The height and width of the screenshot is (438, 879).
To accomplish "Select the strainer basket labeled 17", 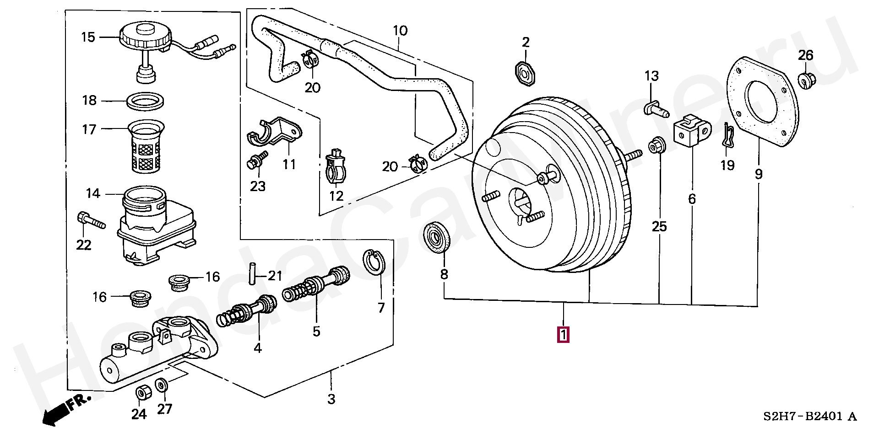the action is coord(146,146).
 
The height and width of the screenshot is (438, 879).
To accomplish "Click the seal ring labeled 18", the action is coord(145,101).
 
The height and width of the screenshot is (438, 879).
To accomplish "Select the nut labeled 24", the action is coord(141,393).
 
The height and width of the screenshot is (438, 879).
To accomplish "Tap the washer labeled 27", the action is coord(162,385).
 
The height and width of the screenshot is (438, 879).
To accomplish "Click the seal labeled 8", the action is coord(437,236).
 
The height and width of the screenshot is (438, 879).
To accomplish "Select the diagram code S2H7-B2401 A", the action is coord(809,417).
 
